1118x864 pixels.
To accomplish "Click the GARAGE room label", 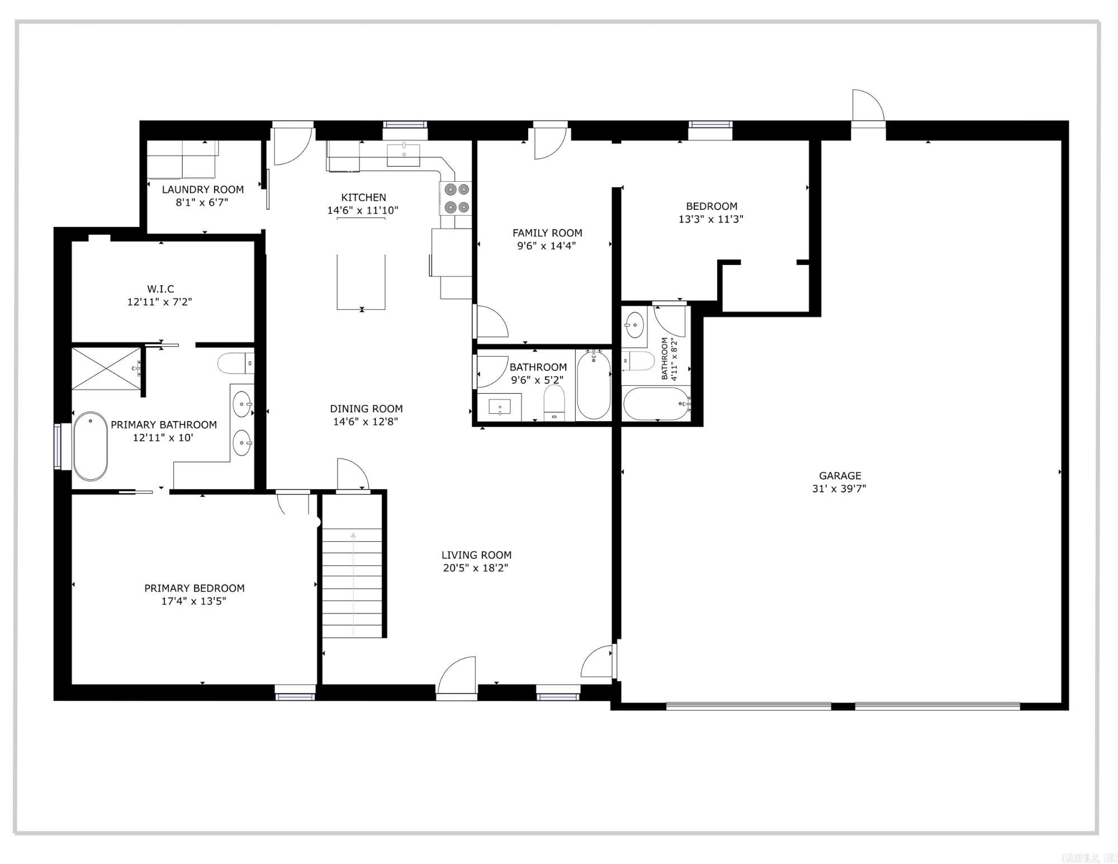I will [840, 476].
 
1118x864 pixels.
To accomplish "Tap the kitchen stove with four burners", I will [456, 199].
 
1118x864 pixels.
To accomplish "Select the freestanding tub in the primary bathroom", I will [90, 446].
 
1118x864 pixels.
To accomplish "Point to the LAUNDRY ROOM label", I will [202, 190].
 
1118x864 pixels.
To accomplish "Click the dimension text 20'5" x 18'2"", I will [476, 568].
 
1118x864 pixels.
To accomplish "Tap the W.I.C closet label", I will [160, 289].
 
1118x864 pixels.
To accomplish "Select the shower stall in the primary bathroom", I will [106, 369].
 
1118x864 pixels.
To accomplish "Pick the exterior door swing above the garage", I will [867, 106].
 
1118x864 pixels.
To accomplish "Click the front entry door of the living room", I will [457, 678].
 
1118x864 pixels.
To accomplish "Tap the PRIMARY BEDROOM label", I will [195, 588].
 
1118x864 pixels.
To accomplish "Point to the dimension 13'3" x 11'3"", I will [711, 219].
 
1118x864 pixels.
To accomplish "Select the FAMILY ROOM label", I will [547, 233].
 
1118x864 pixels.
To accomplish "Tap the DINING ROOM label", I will [366, 409].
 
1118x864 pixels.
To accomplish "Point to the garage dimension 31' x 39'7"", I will [839, 489].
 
